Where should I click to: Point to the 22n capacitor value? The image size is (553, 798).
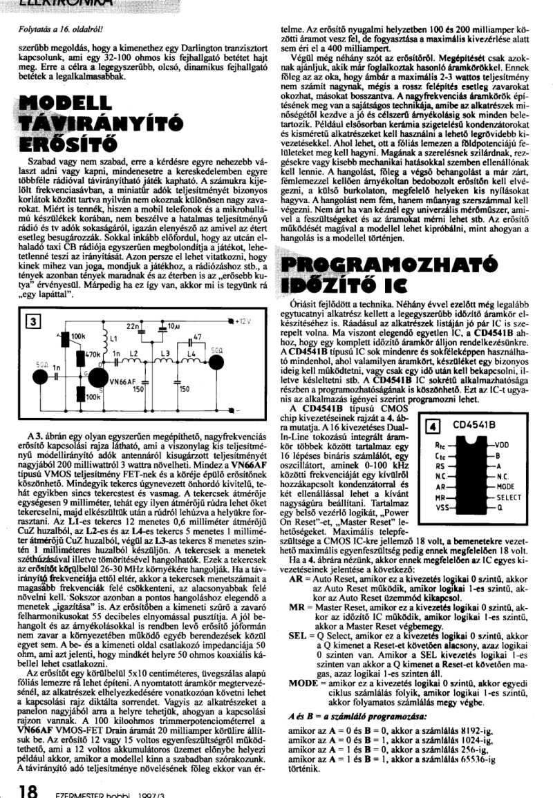pos(133,325)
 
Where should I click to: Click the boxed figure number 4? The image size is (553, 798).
pos(433,426)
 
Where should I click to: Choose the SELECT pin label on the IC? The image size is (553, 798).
pos(509,497)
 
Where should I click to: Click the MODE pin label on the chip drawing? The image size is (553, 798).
pos(506,487)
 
